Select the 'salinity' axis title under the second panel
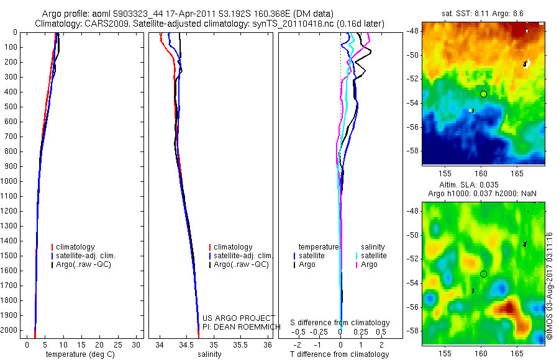[x=208, y=354]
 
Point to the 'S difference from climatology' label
[x=340, y=323]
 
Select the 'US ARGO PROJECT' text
[x=239, y=318]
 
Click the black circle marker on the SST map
[x=483, y=94]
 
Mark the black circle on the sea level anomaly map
[x=483, y=274]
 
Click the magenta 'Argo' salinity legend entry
[x=369, y=264]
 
